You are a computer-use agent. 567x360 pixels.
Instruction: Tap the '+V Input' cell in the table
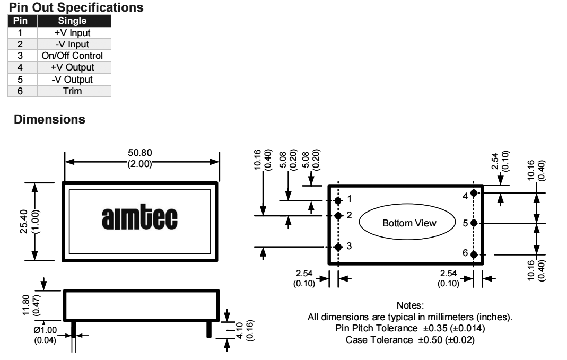point(73,33)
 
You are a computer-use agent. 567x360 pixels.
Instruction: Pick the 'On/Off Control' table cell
point(73,56)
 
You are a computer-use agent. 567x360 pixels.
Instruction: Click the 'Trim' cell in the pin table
point(73,91)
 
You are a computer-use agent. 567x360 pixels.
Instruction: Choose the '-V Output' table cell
point(73,80)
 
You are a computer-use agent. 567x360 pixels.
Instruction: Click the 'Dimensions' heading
point(49,119)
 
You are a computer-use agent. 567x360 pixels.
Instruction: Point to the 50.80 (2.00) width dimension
point(140,158)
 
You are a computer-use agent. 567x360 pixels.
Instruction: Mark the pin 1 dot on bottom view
point(338,200)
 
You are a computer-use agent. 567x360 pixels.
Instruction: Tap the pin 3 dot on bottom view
point(338,247)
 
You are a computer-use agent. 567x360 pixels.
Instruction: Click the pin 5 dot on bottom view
point(474,223)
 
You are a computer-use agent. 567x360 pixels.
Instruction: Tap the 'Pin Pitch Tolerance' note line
point(409,329)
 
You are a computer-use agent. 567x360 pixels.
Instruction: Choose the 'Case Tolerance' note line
point(409,340)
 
